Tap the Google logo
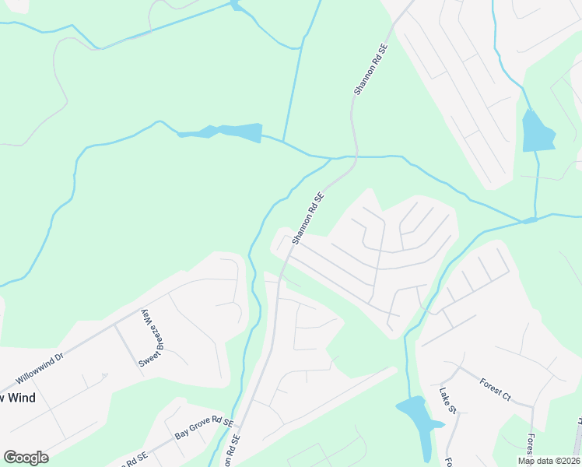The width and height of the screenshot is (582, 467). (26, 458)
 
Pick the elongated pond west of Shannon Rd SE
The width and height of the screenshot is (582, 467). (226, 132)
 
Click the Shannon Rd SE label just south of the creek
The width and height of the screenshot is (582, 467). (307, 219)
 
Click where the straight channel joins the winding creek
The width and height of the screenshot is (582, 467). (284, 142)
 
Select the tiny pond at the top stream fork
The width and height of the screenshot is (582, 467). (235, 7)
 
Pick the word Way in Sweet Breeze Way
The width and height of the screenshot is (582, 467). (143, 318)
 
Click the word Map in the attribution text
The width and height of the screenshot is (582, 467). (528, 461)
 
